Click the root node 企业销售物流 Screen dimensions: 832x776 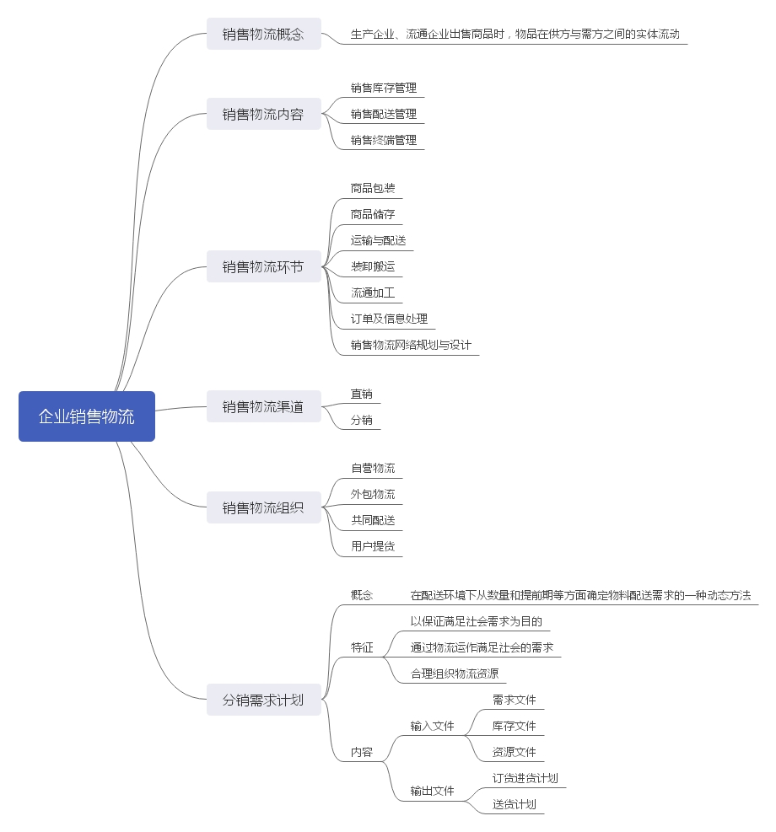pos(87,416)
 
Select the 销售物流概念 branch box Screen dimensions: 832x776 pos(263,35)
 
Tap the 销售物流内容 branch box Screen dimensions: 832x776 pos(263,114)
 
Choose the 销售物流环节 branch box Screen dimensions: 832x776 pos(263,267)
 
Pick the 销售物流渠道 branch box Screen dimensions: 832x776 pos(263,407)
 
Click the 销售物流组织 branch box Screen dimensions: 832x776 pos(263,507)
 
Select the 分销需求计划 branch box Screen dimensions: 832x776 pos(263,700)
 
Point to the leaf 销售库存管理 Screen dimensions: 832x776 pos(384,88)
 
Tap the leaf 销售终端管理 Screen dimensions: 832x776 pos(384,140)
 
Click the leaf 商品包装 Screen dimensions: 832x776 pos(373,188)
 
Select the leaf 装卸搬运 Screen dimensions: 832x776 pos(373,267)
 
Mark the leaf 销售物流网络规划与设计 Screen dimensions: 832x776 pos(411,345)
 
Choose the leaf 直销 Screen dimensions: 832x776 pos(362,394)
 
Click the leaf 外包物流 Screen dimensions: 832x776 pos(373,494)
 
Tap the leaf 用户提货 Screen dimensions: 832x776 pos(373,546)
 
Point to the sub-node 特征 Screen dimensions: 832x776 pos(362,647)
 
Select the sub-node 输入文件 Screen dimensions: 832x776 pos(432,726)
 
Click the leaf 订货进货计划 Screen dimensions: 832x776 pos(525,778)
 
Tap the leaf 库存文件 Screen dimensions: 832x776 pos(514,726)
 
